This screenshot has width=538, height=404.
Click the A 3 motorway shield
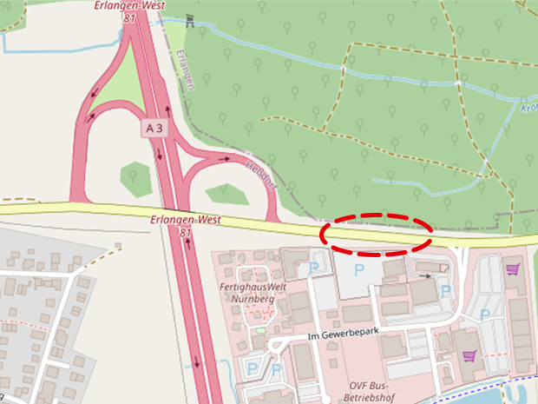[154, 128]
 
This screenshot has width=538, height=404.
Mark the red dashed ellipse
[377, 234]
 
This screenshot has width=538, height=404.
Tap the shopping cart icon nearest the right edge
[512, 269]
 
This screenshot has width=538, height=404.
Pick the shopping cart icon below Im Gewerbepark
[469, 354]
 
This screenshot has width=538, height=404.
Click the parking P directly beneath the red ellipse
[359, 271]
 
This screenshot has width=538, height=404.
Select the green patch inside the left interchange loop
[134, 176]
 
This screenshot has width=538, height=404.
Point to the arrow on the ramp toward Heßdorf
[226, 159]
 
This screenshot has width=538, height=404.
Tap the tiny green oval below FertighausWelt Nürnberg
[259, 329]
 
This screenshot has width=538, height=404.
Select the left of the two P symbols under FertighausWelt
[252, 369]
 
